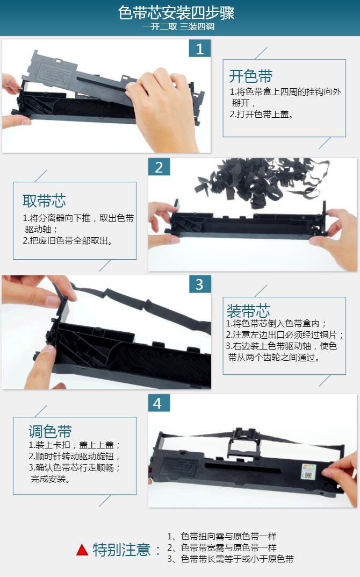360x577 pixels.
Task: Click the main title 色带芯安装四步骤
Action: pos(176,13)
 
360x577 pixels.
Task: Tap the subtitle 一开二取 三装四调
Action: pos(178,26)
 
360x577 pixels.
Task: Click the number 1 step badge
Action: pos(200,48)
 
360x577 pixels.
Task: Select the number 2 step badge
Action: pos(159,167)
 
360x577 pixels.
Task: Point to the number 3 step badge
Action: pos(200,284)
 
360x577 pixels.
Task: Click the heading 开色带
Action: pos(250,76)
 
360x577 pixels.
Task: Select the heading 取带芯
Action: pos(44,201)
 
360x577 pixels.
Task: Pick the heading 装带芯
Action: pos(248,311)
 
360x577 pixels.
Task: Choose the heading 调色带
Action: pos(50,431)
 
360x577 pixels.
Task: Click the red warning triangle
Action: pos(82,550)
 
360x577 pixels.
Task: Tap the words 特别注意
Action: pos(121,550)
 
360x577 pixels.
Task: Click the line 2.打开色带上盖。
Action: pos(262,114)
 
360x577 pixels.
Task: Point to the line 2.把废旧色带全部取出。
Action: pos(68,241)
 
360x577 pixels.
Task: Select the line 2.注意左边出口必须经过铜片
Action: pos(285,334)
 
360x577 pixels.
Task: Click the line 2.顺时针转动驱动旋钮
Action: pos(74,456)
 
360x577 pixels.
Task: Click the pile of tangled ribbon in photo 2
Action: pos(262,181)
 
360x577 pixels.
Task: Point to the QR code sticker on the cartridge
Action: pos(309,472)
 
